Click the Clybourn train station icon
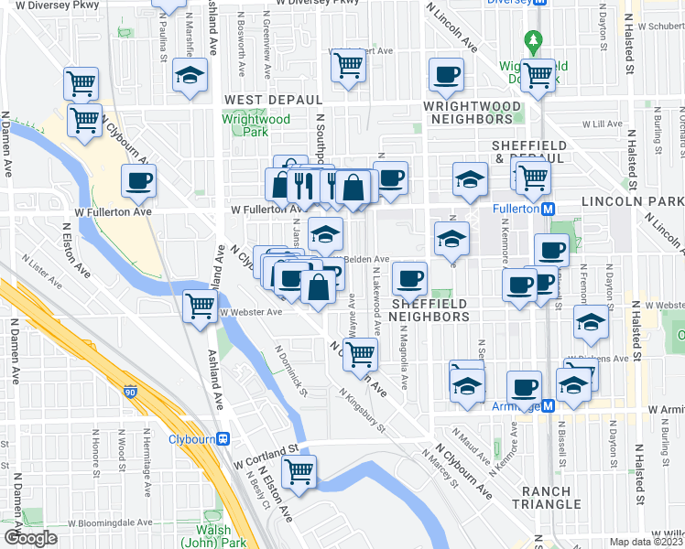pos(223,438)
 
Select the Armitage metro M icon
pos(549,405)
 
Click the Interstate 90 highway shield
pos(130,392)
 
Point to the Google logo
pos(30,538)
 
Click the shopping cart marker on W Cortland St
pos(299,472)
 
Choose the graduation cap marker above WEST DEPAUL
pos(190,76)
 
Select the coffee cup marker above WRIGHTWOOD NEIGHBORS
pos(447,75)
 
